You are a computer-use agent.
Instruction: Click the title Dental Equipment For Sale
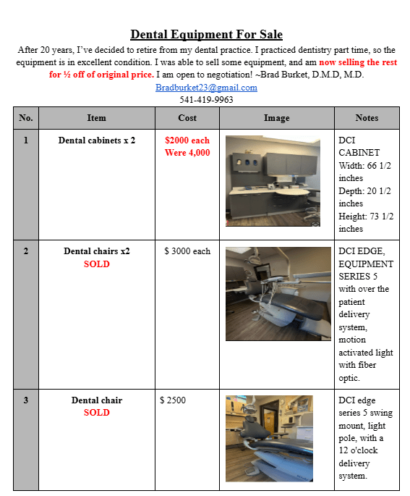(x=206, y=34)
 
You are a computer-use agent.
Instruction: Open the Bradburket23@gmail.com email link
(x=206, y=88)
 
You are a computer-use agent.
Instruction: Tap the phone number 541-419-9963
(x=206, y=100)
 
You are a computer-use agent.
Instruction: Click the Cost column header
(x=187, y=118)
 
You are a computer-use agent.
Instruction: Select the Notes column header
(x=367, y=118)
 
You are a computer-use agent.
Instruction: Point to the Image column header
(x=277, y=118)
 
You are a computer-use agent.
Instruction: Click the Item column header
(x=97, y=118)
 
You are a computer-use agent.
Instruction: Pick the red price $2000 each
(x=187, y=140)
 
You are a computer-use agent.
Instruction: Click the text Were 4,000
(x=187, y=153)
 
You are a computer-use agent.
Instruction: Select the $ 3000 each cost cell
(x=187, y=251)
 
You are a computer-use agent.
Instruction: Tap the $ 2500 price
(x=173, y=400)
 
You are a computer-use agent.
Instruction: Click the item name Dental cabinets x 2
(x=97, y=140)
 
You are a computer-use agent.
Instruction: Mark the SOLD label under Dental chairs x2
(x=97, y=264)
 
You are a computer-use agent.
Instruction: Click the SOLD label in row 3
(x=97, y=413)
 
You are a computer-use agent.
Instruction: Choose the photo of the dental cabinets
(x=273, y=181)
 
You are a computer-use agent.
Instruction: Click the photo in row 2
(x=278, y=294)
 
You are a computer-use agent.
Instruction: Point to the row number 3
(x=26, y=400)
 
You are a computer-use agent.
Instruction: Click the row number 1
(x=26, y=140)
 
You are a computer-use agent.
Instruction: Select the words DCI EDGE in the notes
(x=362, y=251)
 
